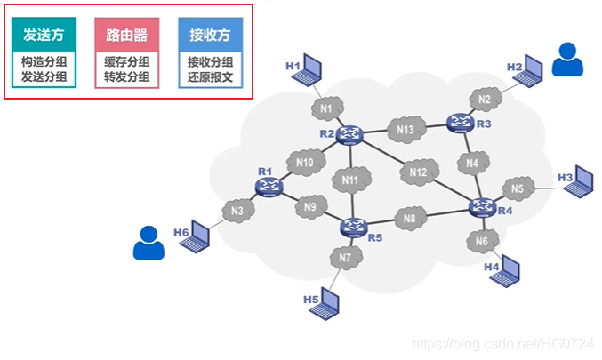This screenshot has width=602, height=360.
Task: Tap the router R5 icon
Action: pos(353,228)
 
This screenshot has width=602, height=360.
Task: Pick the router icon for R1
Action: pos(269,186)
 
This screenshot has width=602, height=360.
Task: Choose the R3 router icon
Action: pos(462,123)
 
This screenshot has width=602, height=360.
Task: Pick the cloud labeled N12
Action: pos(418,172)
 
